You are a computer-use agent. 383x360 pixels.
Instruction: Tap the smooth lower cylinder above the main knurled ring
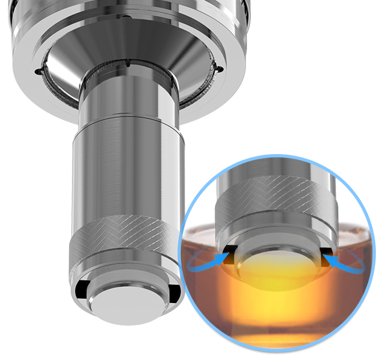(122, 168)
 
